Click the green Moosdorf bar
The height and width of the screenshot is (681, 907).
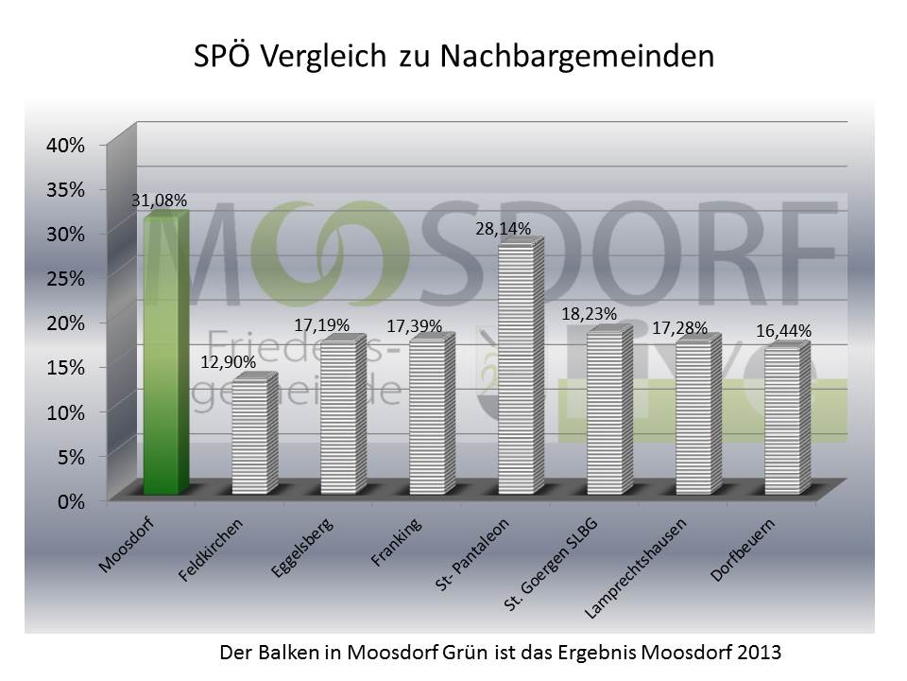click(x=164, y=355)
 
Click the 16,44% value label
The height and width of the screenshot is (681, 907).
click(x=783, y=331)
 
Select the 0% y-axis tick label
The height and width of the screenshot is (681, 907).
click(x=72, y=501)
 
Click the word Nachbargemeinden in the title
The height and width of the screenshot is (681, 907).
click(x=574, y=56)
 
